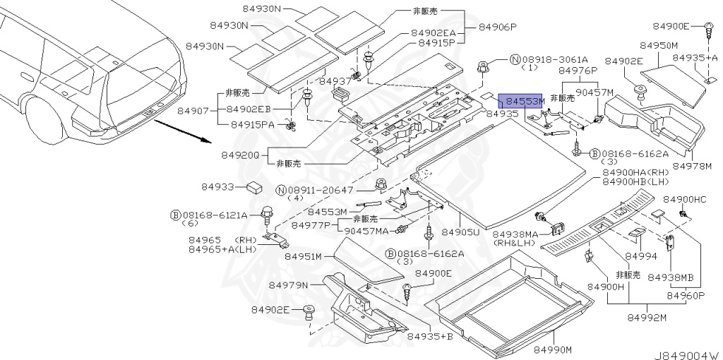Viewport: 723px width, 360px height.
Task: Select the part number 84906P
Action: point(498,27)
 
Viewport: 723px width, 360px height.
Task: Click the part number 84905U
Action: point(460,232)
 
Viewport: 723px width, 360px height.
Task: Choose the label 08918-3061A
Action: point(548,59)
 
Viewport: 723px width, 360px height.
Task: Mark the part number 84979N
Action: point(289,284)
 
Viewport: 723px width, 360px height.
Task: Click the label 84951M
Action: point(304,256)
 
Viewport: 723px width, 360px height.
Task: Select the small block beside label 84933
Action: point(256,187)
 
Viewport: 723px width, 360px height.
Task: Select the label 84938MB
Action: point(671,276)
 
